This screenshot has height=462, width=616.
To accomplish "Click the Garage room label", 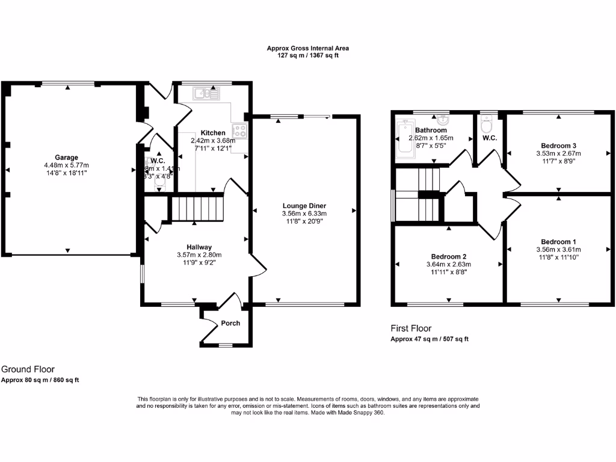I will tap(67, 158).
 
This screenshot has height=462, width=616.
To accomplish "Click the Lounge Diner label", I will tap(304, 205).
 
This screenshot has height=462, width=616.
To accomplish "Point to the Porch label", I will tap(230, 323).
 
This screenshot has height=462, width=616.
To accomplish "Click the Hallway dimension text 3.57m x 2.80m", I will tap(199, 254).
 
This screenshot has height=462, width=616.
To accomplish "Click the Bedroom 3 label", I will tap(558, 146).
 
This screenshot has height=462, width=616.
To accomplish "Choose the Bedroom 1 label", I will tap(558, 242).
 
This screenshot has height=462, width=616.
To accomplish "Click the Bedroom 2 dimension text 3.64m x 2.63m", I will tap(449, 264).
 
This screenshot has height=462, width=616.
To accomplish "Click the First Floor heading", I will tap(411, 328).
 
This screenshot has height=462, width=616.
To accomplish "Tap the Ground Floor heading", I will tap(31, 369).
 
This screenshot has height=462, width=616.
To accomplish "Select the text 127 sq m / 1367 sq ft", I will tap(308, 55).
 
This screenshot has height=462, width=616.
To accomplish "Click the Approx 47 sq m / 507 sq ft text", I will tap(430, 339).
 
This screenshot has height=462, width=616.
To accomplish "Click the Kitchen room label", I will tap(213, 133).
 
